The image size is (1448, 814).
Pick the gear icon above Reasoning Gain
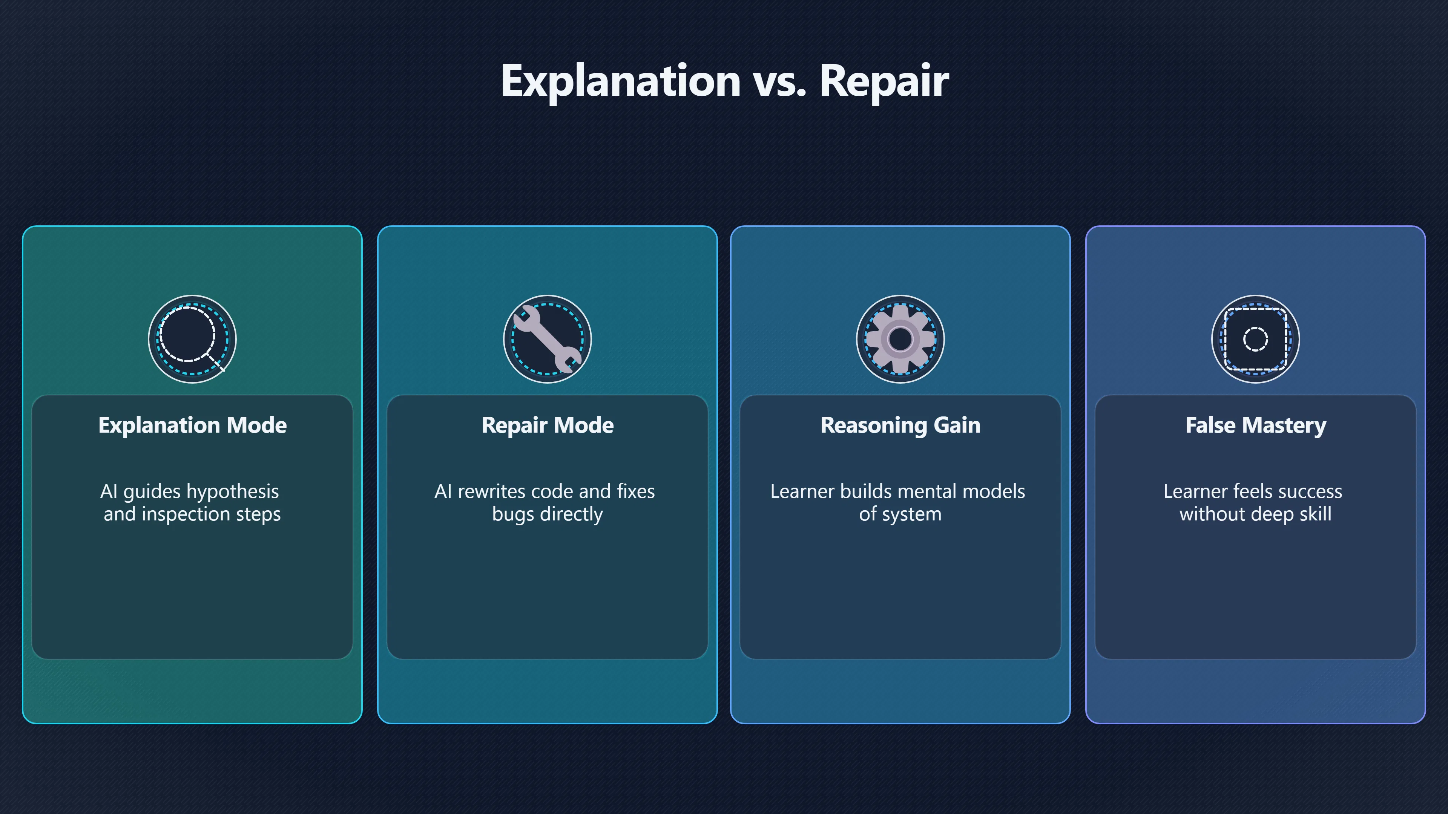(x=900, y=339)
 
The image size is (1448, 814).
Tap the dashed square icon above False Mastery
(x=1255, y=339)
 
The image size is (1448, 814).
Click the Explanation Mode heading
(x=192, y=425)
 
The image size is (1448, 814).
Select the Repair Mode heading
(x=548, y=425)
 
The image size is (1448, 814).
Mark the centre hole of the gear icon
(x=900, y=339)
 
